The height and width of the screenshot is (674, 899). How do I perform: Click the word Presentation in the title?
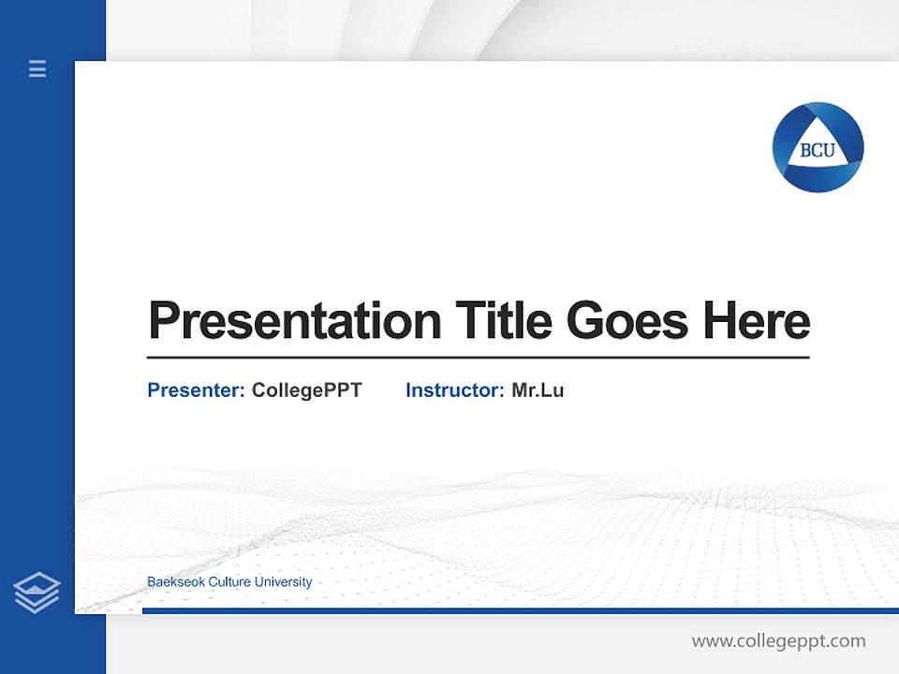tap(295, 321)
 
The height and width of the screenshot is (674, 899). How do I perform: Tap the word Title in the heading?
tap(503, 321)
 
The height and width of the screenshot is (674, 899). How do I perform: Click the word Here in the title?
tap(757, 321)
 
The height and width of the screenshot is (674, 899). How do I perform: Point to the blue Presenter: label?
tap(196, 390)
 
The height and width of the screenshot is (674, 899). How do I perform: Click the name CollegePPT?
tap(306, 390)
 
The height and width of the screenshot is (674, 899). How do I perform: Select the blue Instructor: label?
tap(454, 390)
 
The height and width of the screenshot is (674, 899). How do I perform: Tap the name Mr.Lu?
tap(538, 390)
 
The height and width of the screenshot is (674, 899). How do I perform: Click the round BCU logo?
tap(818, 147)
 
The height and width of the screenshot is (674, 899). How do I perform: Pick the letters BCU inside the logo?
tap(818, 151)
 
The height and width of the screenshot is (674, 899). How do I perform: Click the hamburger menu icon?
tap(37, 68)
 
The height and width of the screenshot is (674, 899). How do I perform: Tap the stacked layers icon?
tap(37, 593)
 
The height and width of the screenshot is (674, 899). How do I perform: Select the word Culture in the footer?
tap(230, 582)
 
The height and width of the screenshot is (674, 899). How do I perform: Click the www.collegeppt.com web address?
tap(778, 641)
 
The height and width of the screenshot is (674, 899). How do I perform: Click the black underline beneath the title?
tap(478, 357)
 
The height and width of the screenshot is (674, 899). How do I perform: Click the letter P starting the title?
tap(163, 321)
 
